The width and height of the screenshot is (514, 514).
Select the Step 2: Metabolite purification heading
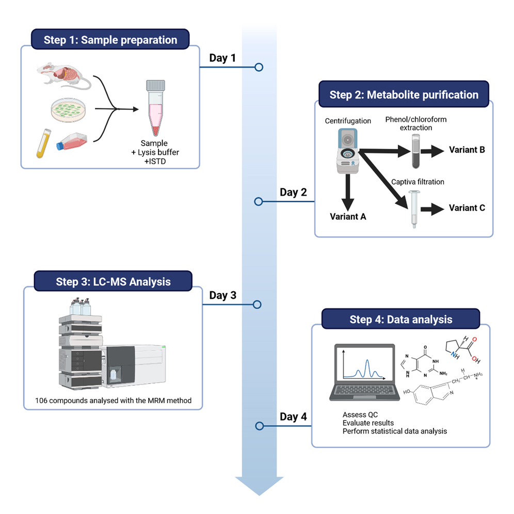(x=404, y=95)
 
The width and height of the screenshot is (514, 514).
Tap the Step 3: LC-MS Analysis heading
(x=113, y=282)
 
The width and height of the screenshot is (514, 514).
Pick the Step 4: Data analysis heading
(x=400, y=319)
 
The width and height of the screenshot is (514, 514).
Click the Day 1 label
(x=222, y=58)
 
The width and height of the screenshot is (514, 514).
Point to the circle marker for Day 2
(x=259, y=201)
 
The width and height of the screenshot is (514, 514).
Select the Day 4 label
(x=293, y=416)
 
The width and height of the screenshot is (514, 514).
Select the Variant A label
(x=348, y=217)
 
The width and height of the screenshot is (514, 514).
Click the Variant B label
(x=467, y=150)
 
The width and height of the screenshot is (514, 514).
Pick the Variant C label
(x=467, y=208)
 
